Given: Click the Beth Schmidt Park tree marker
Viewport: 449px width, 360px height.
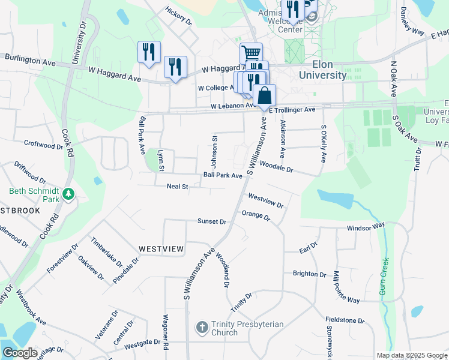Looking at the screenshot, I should pyautogui.click(x=69, y=194).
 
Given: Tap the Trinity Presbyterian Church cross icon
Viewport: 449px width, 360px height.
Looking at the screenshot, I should pyautogui.click(x=202, y=327).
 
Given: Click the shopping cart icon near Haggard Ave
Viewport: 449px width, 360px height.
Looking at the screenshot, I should pyautogui.click(x=251, y=53).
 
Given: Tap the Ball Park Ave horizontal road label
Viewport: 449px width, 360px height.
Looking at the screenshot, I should pyautogui.click(x=222, y=175).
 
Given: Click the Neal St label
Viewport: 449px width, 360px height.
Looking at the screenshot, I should pyautogui.click(x=177, y=187).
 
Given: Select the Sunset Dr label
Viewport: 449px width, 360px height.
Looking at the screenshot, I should pyautogui.click(x=212, y=221).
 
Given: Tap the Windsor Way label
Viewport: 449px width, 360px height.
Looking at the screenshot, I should pyautogui.click(x=366, y=227).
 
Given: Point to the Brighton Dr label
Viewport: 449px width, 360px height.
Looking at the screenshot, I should pyautogui.click(x=309, y=274).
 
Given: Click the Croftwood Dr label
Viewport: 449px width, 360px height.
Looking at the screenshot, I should pyautogui.click(x=43, y=145).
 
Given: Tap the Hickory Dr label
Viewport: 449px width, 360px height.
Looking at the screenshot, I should pyautogui.click(x=178, y=16).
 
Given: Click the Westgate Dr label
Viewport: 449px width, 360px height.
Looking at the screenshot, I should pyautogui.click(x=142, y=343).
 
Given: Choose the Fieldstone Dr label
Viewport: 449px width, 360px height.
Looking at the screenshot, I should pyautogui.click(x=345, y=320).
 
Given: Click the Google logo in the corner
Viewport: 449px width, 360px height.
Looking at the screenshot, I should pyautogui.click(x=20, y=353).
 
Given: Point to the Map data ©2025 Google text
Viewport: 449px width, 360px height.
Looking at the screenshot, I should pyautogui.click(x=411, y=355).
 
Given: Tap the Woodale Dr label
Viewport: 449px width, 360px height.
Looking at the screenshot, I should pyautogui.click(x=276, y=170).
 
